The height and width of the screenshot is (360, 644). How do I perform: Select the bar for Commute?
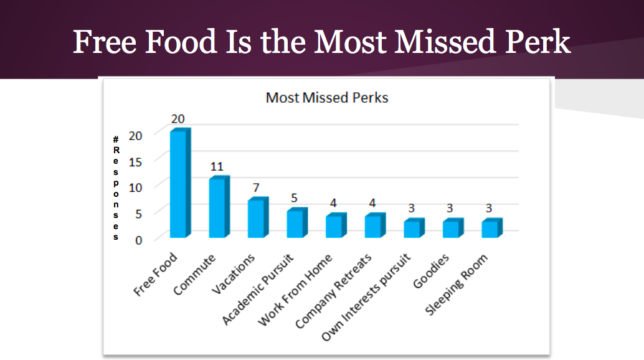pos(217,207)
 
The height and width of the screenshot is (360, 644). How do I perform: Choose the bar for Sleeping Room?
pos(490,229)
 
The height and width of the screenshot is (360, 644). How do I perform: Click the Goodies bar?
pos(452,229)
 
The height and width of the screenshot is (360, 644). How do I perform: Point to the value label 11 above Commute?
pos(216,166)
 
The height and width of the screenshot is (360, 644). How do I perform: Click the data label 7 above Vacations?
pos(255,187)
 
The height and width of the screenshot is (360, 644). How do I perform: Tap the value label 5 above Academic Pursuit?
pos(294,198)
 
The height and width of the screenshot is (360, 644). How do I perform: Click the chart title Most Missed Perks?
pos(327,98)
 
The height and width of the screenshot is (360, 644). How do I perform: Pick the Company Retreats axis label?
pos(334,291)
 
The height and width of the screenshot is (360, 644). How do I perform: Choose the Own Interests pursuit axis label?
pos(367,296)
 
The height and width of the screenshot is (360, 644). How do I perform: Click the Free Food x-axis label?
pos(156,275)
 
